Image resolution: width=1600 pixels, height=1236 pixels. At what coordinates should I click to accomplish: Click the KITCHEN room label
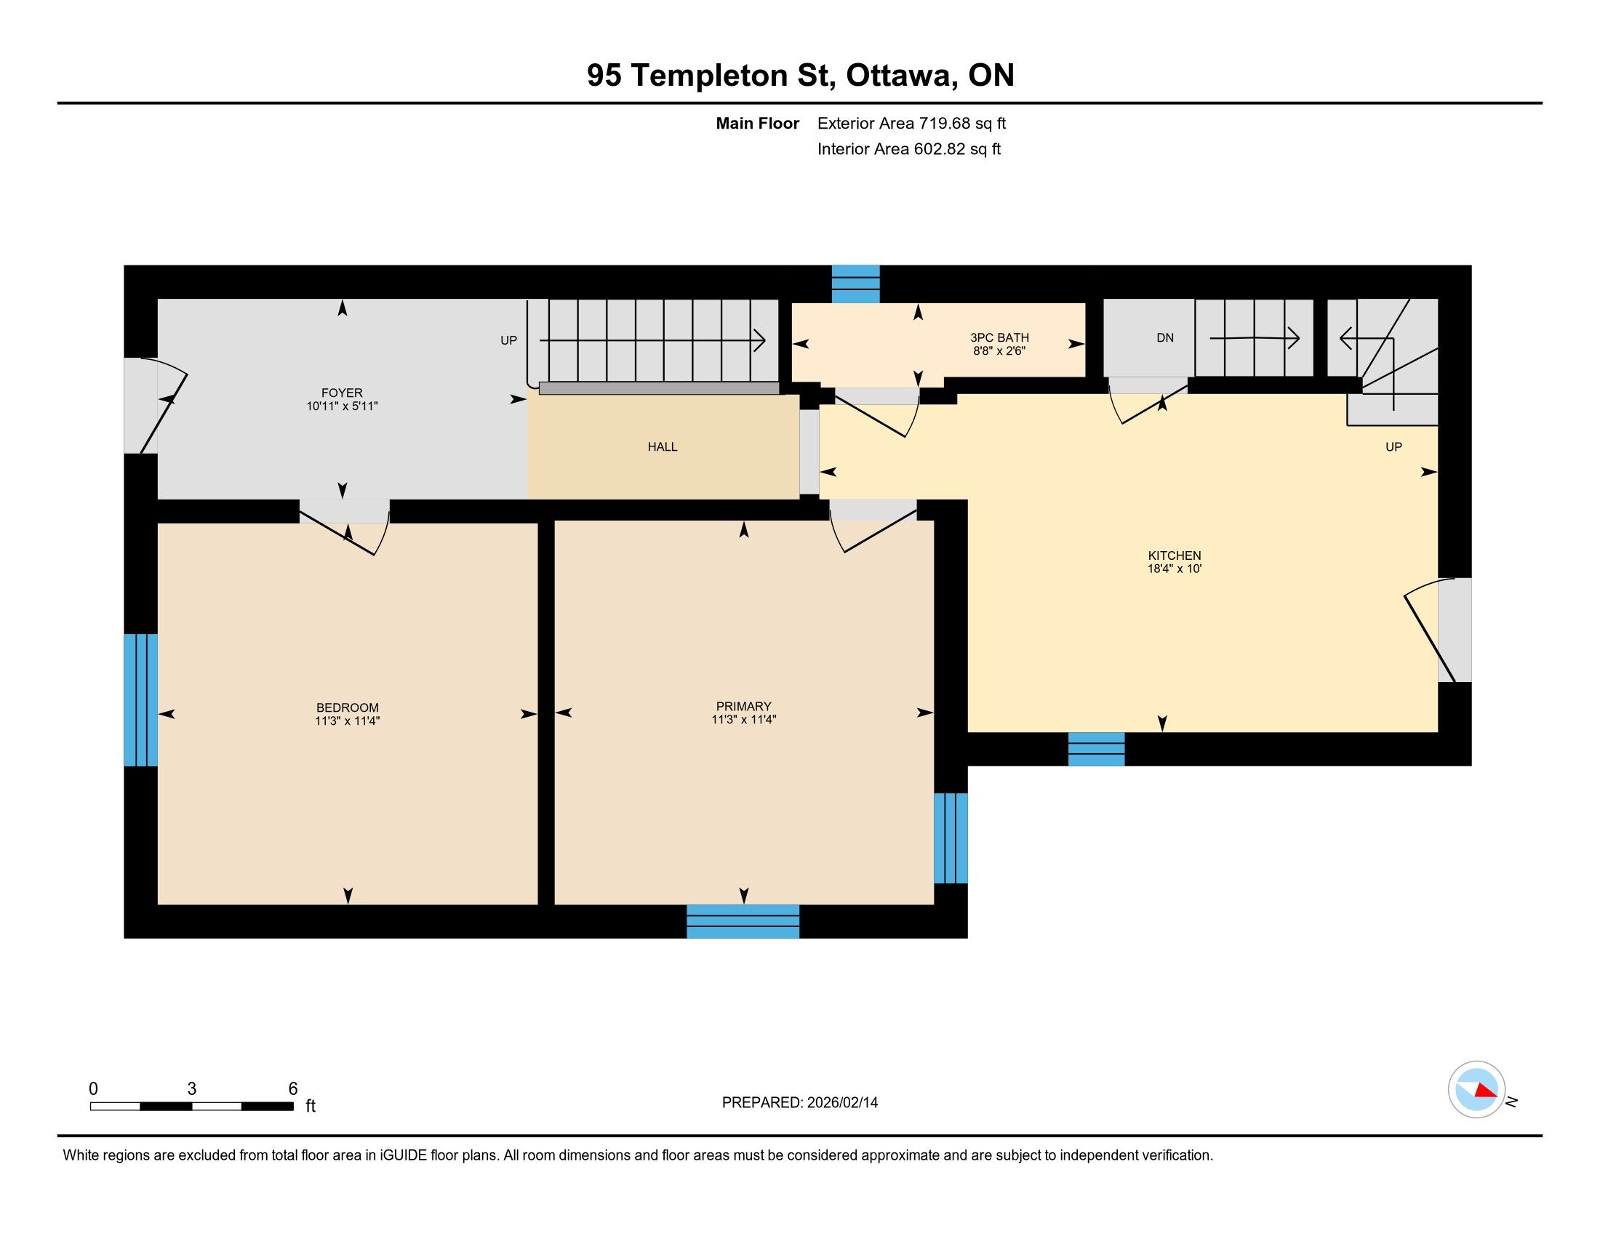tap(1175, 555)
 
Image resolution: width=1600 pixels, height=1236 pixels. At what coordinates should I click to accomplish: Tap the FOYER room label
tap(341, 393)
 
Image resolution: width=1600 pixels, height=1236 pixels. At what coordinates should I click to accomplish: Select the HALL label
tap(663, 446)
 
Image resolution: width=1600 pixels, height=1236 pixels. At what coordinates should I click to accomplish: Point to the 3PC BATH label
tap(999, 338)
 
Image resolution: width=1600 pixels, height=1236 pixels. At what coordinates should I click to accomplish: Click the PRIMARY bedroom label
tap(743, 707)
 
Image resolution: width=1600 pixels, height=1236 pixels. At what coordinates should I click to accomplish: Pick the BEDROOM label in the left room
tap(347, 708)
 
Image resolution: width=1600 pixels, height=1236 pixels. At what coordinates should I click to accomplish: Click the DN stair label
tap(1165, 338)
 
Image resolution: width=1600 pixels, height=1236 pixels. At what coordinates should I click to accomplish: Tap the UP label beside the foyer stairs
tap(508, 340)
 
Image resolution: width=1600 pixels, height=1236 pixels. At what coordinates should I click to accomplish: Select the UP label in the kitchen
tap(1393, 447)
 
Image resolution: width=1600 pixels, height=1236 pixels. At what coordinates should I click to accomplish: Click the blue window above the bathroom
tap(856, 284)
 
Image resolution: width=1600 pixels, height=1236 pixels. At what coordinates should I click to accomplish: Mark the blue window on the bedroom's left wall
tap(140, 700)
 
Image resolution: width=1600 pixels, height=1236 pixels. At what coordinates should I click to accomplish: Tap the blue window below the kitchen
tap(1096, 749)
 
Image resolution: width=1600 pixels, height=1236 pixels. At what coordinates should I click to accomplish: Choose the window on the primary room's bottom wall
tap(743, 922)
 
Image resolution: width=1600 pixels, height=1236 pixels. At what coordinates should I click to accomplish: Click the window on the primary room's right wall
tap(951, 838)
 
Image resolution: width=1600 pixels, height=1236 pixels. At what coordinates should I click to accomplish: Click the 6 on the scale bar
tap(293, 1089)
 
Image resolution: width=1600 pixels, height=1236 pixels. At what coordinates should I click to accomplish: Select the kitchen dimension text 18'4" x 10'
tap(1175, 569)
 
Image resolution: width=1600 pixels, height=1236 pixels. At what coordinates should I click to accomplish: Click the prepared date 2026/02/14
tap(842, 1103)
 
